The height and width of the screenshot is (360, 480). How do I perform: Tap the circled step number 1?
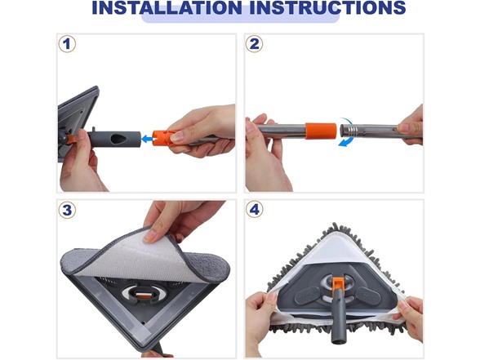point(67,44)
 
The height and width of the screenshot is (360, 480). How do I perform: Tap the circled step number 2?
point(254,44)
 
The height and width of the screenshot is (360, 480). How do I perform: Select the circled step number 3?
point(67,210)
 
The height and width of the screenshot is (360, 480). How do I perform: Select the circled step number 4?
point(254,210)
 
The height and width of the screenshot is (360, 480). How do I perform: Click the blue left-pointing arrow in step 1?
point(147,140)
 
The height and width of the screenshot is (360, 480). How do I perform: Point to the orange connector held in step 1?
point(166,137)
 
